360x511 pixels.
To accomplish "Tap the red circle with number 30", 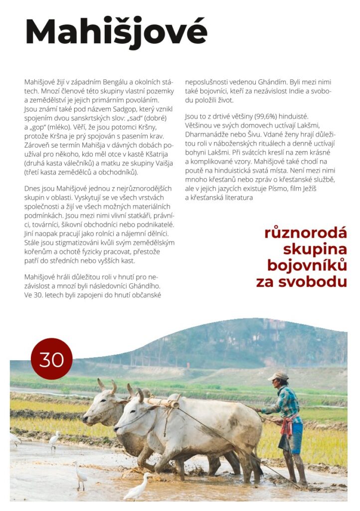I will pos(51,359).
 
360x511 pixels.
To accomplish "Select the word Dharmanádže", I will pos(208,134).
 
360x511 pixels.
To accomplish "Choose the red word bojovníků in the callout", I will pos(307,265).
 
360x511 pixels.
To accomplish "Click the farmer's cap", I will pos(278,376).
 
